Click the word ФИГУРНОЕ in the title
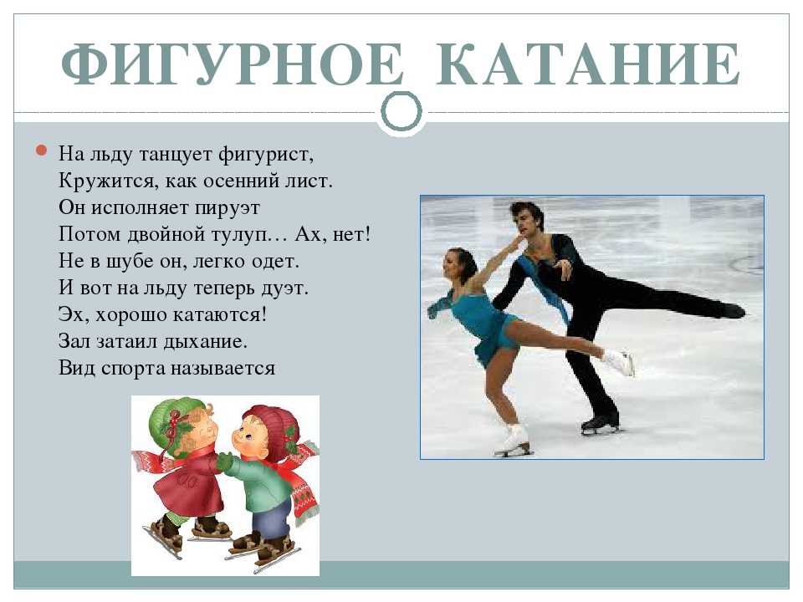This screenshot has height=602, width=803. [232, 64]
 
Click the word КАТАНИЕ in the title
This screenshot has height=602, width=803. [587, 64]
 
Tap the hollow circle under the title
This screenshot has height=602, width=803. [401, 111]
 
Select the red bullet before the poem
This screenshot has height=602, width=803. [42, 150]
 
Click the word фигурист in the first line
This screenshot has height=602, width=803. [266, 155]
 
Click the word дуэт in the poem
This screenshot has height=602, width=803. [284, 288]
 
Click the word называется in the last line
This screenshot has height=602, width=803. [222, 369]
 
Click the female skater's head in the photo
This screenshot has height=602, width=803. [459, 266]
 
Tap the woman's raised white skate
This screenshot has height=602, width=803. [619, 361]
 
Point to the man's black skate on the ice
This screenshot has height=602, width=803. [601, 425]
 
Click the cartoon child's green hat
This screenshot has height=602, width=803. [171, 424]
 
